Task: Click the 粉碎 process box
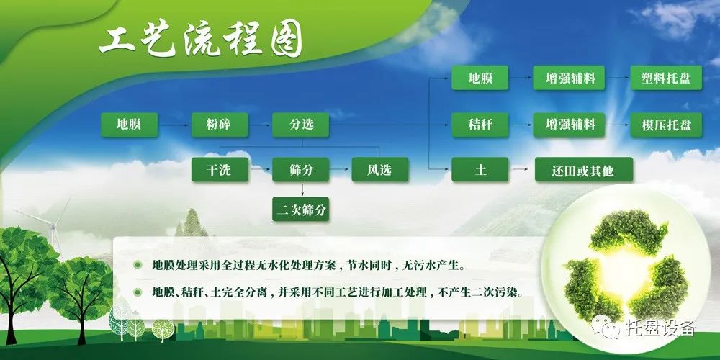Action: [x=220, y=125]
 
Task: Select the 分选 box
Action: [x=301, y=125]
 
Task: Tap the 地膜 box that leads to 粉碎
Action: [x=130, y=125]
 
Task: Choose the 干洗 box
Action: [x=220, y=169]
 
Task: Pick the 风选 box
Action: [x=379, y=169]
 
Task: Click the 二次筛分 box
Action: [x=301, y=210]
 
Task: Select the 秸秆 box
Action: [x=480, y=125]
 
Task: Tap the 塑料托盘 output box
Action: [x=666, y=78]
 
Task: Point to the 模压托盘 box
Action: [x=666, y=125]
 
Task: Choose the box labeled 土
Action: [x=480, y=169]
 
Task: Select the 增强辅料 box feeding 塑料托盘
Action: [x=569, y=78]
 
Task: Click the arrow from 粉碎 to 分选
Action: [x=261, y=125]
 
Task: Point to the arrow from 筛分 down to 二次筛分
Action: [x=302, y=189]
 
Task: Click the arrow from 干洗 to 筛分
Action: [x=261, y=169]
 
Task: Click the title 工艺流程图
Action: [x=201, y=43]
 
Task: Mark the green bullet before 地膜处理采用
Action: [x=138, y=265]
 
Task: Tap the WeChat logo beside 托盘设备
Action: [x=606, y=326]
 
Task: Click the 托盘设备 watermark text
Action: [x=661, y=328]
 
